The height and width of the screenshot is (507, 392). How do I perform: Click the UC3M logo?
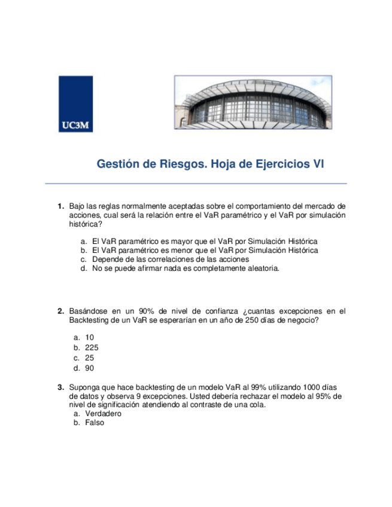point(76,104)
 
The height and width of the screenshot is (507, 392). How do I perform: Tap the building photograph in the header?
point(253,102)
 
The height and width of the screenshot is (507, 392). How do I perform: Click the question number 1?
point(60,206)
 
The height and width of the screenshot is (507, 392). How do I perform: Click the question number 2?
point(60,311)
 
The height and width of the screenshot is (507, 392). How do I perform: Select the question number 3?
point(60,387)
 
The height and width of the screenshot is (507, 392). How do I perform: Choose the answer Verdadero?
point(104,413)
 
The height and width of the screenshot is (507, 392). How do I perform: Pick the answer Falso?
point(95,422)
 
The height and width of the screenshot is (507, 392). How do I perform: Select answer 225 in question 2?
point(92,347)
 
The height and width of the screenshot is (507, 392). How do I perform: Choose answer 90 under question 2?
point(90,368)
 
